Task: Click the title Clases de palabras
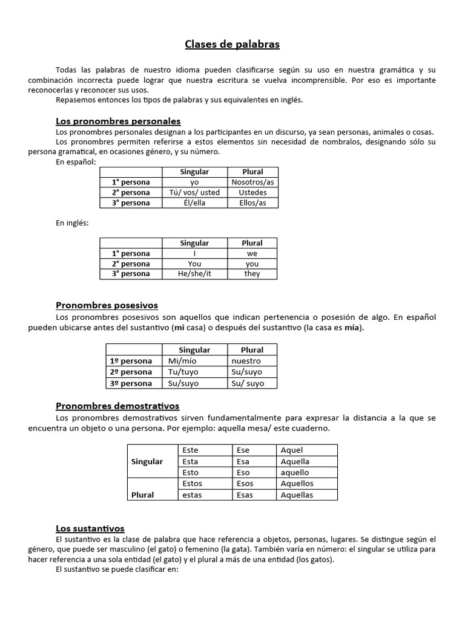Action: [232, 45]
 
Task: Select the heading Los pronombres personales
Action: [118, 121]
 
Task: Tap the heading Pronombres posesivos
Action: [107, 305]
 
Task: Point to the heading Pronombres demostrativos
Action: [117, 406]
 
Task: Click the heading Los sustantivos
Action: [90, 528]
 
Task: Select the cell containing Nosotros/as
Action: [252, 182]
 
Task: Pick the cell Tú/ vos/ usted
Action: [194, 192]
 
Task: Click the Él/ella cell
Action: [194, 203]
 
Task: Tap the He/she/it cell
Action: [194, 274]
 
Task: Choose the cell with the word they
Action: [252, 274]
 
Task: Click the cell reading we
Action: [252, 253]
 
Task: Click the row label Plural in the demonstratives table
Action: [142, 494]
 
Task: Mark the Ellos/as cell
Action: [252, 203]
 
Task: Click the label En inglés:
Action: [72, 223]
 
